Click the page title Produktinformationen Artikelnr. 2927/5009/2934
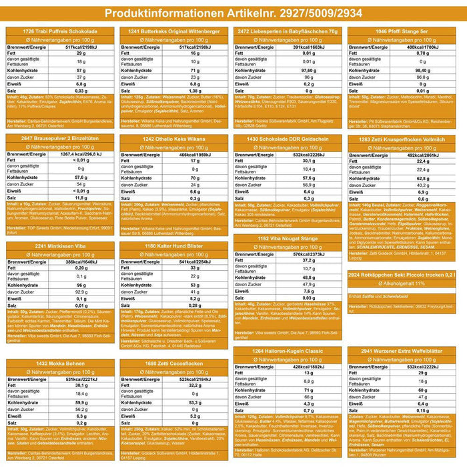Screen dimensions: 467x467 [x=233, y=15]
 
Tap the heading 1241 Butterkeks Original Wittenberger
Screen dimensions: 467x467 [x=175, y=31]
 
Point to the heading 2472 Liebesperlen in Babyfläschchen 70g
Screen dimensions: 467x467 [x=290, y=31]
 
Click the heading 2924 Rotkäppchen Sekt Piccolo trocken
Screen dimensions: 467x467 [x=403, y=274]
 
